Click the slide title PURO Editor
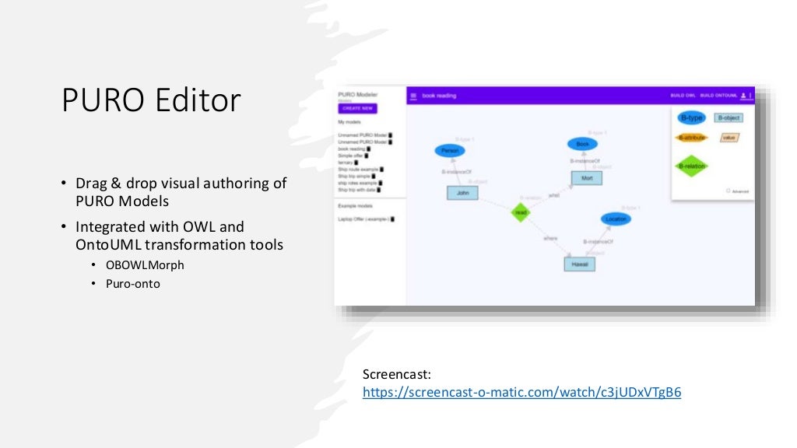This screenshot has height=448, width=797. [x=151, y=101]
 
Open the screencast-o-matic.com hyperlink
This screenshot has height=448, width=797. [x=521, y=392]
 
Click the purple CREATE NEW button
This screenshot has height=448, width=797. [x=357, y=108]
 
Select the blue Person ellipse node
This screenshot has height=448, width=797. [x=448, y=151]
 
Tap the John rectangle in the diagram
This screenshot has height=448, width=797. [x=462, y=193]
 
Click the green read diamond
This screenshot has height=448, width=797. [x=521, y=212]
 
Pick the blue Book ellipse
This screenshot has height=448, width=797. [x=581, y=144]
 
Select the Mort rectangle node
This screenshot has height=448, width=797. [x=586, y=178]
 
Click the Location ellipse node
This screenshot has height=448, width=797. [x=615, y=219]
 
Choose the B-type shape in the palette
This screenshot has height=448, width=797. [x=690, y=118]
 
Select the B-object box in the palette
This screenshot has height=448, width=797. [x=729, y=118]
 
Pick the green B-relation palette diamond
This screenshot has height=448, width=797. [x=690, y=166]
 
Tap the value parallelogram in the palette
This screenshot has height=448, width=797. [x=729, y=138]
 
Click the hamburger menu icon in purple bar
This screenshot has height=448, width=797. [x=413, y=96]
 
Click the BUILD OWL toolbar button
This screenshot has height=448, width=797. [x=682, y=96]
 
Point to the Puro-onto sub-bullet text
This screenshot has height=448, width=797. [x=133, y=284]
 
